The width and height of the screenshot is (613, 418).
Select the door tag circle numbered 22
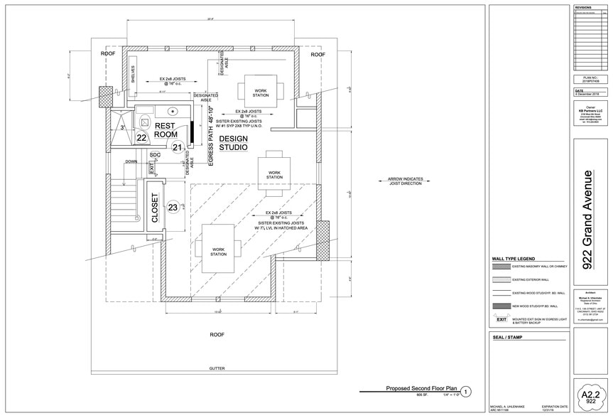tap(141, 138)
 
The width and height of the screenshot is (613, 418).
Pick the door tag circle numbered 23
tap(173, 208)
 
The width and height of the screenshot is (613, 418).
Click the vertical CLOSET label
tap(155, 208)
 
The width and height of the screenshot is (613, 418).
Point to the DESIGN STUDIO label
tap(233, 142)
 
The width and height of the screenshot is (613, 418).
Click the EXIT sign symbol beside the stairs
tap(151, 168)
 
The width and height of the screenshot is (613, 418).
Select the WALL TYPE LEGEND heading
tap(513, 258)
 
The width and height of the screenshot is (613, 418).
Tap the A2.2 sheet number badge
tap(587, 394)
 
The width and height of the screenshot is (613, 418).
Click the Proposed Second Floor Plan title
tap(421, 389)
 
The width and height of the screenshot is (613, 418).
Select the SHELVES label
tap(133, 75)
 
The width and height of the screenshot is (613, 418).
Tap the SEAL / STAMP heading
tap(507, 337)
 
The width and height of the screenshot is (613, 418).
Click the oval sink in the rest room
tap(173, 111)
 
